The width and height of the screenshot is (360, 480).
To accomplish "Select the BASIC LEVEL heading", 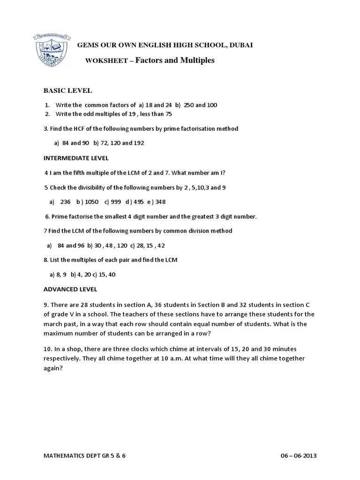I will click(x=67, y=90).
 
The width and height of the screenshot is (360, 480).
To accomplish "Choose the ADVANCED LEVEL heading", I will click(x=70, y=289).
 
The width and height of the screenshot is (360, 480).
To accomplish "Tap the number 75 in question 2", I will click(x=168, y=114).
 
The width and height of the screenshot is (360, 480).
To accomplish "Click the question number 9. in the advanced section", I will click(x=46, y=304).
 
